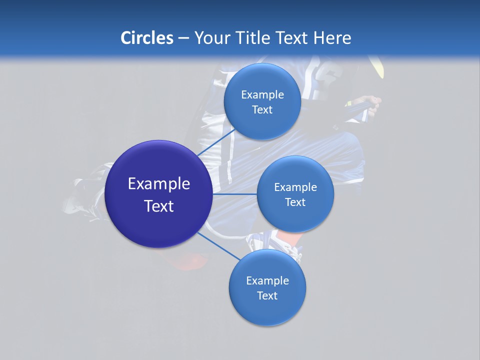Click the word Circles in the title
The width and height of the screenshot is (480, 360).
(146, 38)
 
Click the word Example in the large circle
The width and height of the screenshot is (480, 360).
(158, 184)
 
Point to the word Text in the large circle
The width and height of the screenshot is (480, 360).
(158, 206)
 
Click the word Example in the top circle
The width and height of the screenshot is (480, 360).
(262, 94)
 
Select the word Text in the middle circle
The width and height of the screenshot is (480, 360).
(295, 202)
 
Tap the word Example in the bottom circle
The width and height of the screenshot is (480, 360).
(267, 280)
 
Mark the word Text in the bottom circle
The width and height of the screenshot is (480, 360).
(267, 295)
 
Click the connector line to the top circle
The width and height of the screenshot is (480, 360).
(215, 142)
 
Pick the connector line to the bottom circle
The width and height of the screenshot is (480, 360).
(218, 246)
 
